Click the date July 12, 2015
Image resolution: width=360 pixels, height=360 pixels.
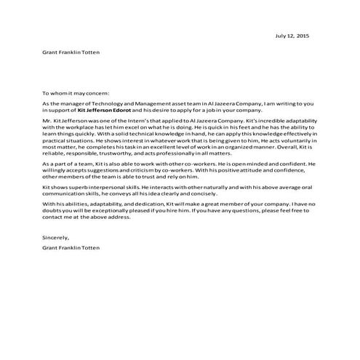click(292, 35)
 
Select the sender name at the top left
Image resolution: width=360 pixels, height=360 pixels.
click(71, 53)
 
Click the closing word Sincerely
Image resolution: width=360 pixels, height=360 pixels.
click(55, 237)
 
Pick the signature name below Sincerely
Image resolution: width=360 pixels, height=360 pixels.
click(71, 248)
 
